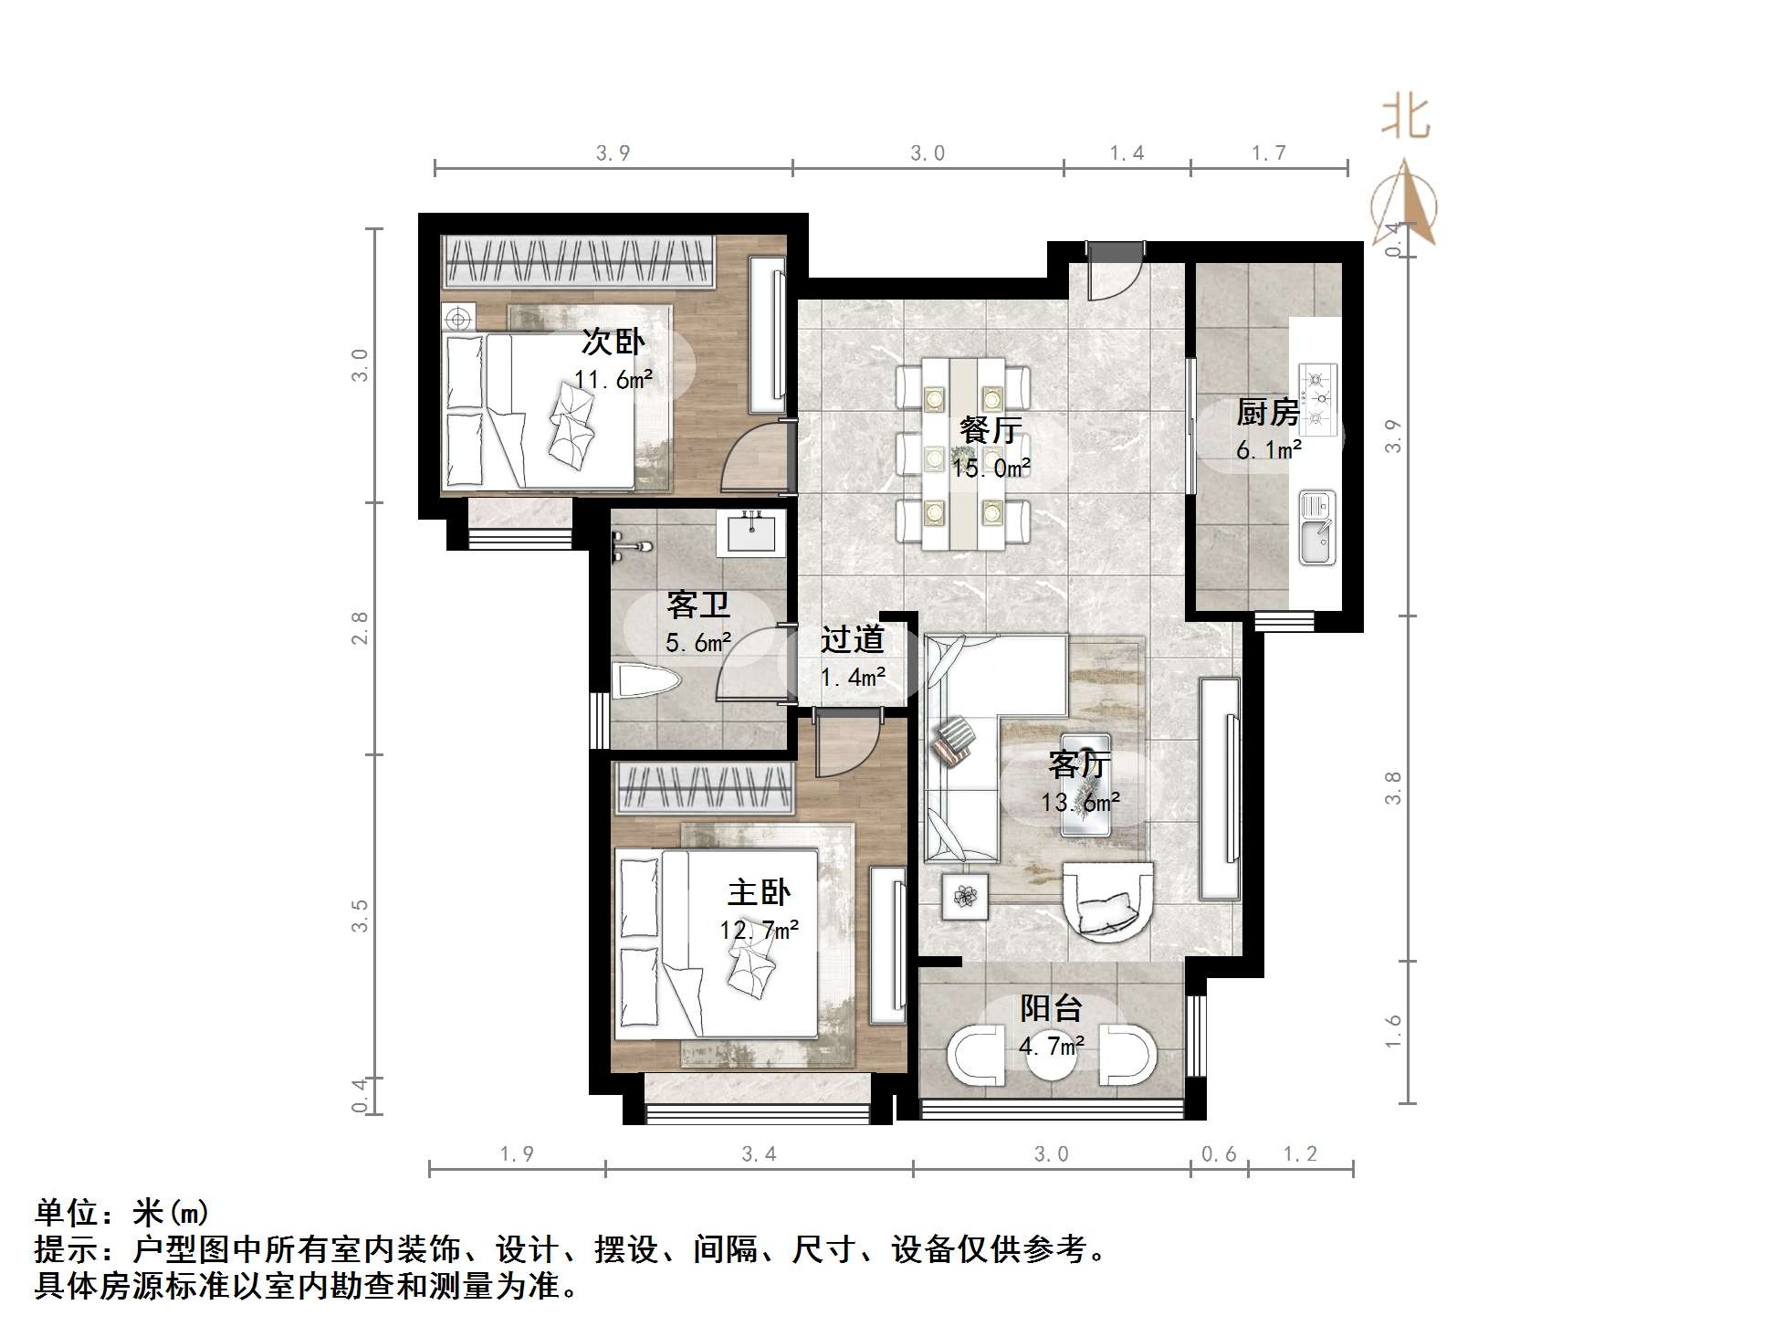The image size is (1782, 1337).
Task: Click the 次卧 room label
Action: (x=613, y=342)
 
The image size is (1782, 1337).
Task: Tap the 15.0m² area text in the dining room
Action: (x=991, y=468)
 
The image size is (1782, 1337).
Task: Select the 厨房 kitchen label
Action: (x=1267, y=413)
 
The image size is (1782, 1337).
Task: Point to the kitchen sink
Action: (x=1316, y=530)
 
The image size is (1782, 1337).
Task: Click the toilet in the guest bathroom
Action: (x=646, y=681)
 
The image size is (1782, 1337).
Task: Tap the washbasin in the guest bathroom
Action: (x=750, y=532)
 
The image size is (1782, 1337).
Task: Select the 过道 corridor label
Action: (x=852, y=639)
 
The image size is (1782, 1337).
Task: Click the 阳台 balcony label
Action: (x=1051, y=1008)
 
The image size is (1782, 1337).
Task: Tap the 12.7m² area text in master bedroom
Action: (x=759, y=931)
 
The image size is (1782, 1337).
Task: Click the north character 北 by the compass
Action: (x=1404, y=120)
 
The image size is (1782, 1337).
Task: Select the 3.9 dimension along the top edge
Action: (x=613, y=153)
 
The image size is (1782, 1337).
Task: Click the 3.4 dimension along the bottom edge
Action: (x=759, y=1154)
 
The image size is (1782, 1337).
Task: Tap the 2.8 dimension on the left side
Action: (x=360, y=628)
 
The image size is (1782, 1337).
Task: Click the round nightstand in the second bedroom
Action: (x=458, y=319)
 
